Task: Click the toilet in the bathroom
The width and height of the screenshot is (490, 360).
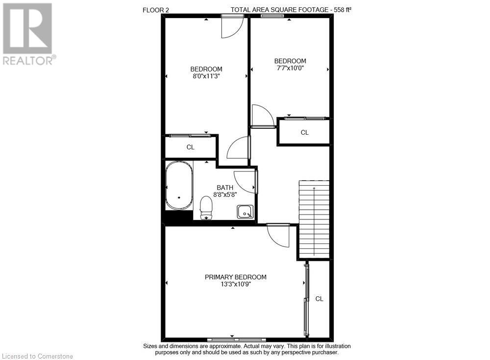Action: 206,207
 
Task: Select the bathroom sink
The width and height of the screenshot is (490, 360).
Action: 245,212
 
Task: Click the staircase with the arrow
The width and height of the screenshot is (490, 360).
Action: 314,218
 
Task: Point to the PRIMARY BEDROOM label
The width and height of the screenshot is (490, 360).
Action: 236,277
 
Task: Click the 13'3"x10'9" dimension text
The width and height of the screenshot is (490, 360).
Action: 236,285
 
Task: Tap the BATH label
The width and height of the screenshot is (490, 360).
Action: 225,187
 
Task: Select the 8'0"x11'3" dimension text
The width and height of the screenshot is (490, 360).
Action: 206,76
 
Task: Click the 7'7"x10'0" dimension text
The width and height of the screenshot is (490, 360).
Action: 290,69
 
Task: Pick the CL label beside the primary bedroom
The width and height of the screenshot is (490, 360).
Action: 319,299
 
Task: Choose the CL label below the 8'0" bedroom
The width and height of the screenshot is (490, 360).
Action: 190,147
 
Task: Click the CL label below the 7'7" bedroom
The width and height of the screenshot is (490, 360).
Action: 304,132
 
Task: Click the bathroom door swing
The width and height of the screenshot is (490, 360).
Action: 245,181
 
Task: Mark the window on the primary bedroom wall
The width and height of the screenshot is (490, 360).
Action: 236,339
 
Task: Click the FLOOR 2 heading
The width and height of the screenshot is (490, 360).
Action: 156,9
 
